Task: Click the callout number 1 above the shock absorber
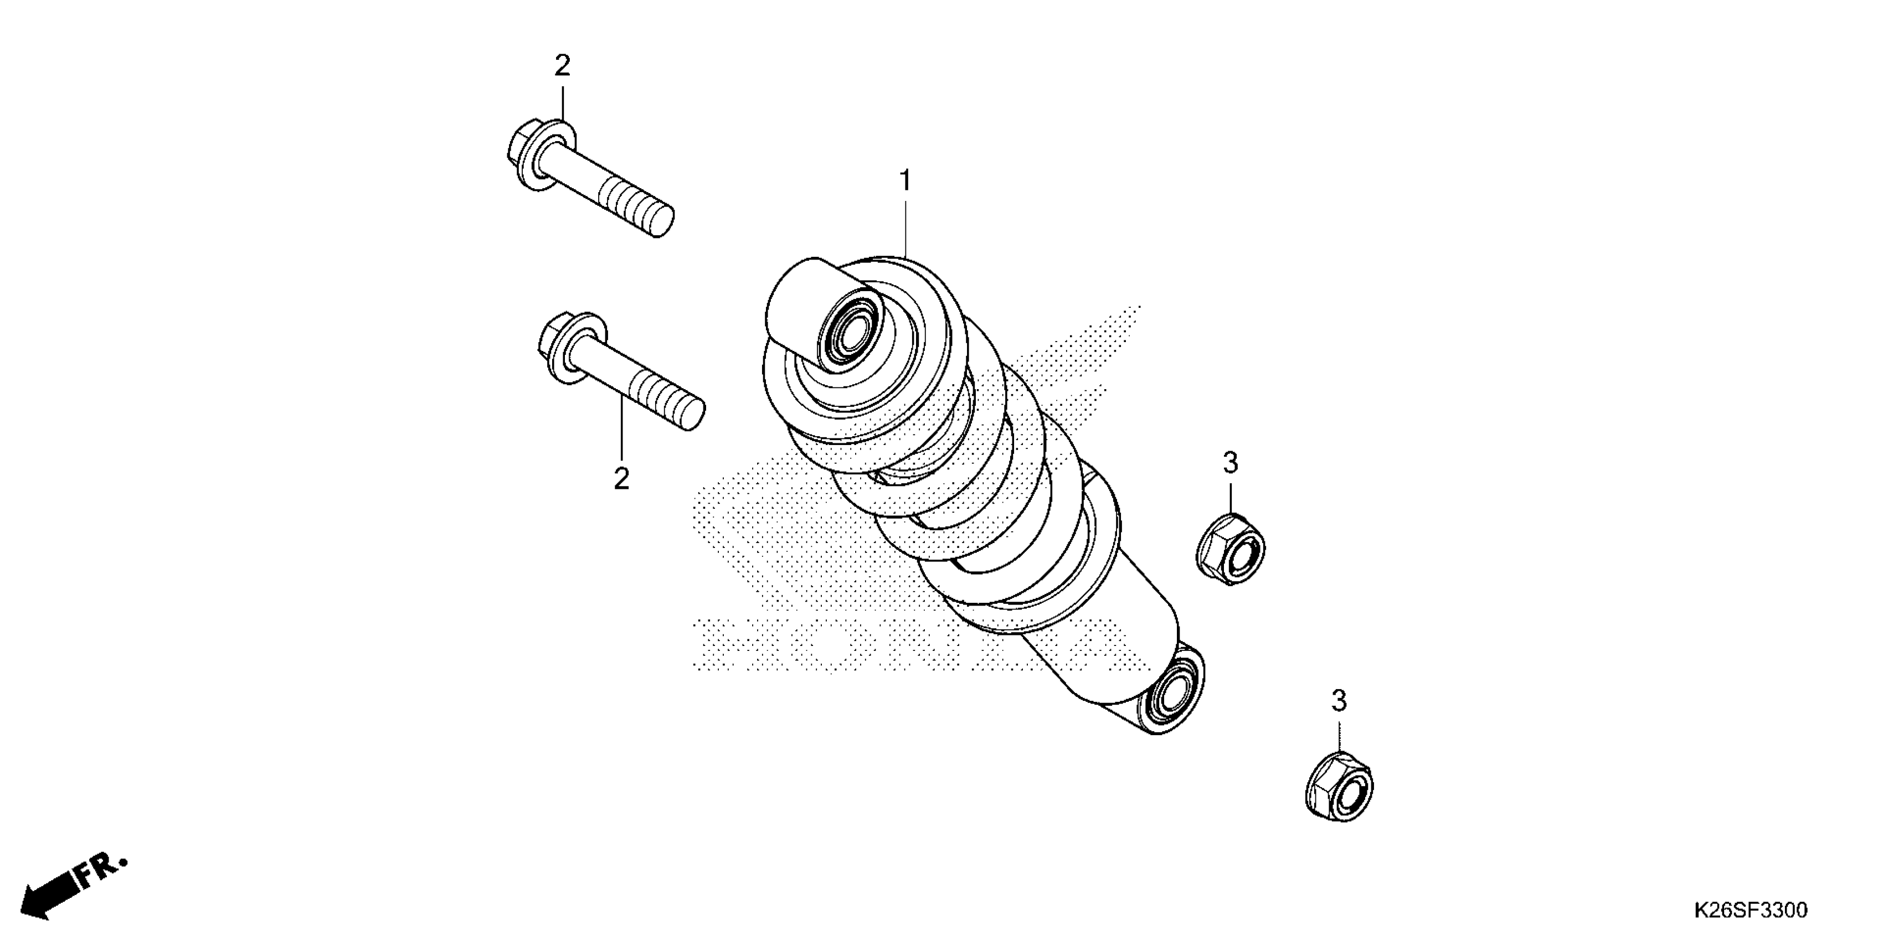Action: click(x=906, y=180)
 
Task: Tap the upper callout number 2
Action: click(x=562, y=66)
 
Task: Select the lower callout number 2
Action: click(x=621, y=479)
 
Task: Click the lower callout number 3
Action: click(x=1339, y=701)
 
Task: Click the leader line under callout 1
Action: click(x=906, y=226)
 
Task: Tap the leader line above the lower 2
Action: click(x=621, y=431)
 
